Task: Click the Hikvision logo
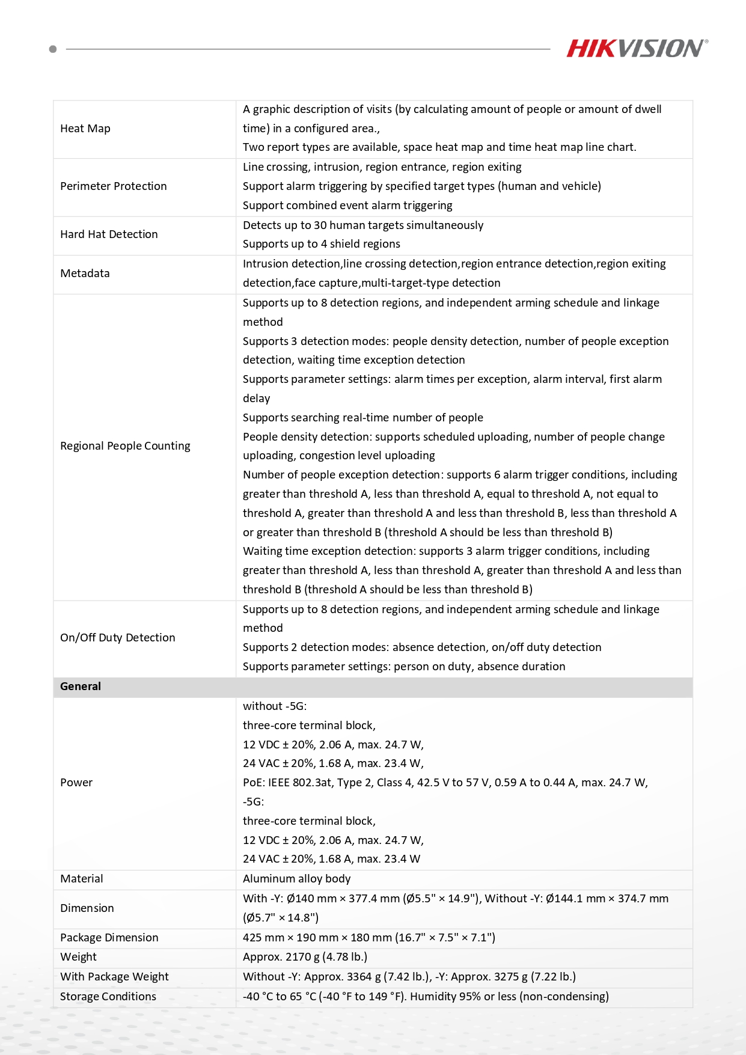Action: pyautogui.click(x=637, y=48)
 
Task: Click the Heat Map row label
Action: pyautogui.click(x=85, y=129)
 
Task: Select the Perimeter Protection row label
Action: pyautogui.click(x=114, y=186)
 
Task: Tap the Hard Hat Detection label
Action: pyautogui.click(x=109, y=234)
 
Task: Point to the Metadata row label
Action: pyautogui.click(x=85, y=274)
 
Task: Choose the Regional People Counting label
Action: pyautogui.click(x=125, y=446)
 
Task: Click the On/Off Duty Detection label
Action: pyautogui.click(x=118, y=638)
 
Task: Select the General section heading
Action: pyautogui.click(x=81, y=687)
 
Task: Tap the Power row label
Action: pyautogui.click(x=76, y=783)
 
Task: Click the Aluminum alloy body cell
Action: pyautogui.click(x=296, y=879)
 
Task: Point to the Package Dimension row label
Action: pyautogui.click(x=109, y=938)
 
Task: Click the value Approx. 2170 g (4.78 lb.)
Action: pyautogui.click(x=305, y=957)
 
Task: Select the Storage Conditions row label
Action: pyautogui.click(x=108, y=997)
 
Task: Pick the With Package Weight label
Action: pyautogui.click(x=114, y=977)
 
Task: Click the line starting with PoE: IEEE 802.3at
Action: pyautogui.click(x=445, y=783)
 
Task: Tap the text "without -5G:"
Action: pyautogui.click(x=275, y=706)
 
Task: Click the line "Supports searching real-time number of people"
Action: pyautogui.click(x=362, y=418)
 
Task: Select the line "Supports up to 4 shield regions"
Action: pyautogui.click(x=321, y=244)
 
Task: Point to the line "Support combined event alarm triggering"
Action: pyautogui.click(x=347, y=206)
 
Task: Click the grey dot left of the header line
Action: pyautogui.click(x=53, y=49)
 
